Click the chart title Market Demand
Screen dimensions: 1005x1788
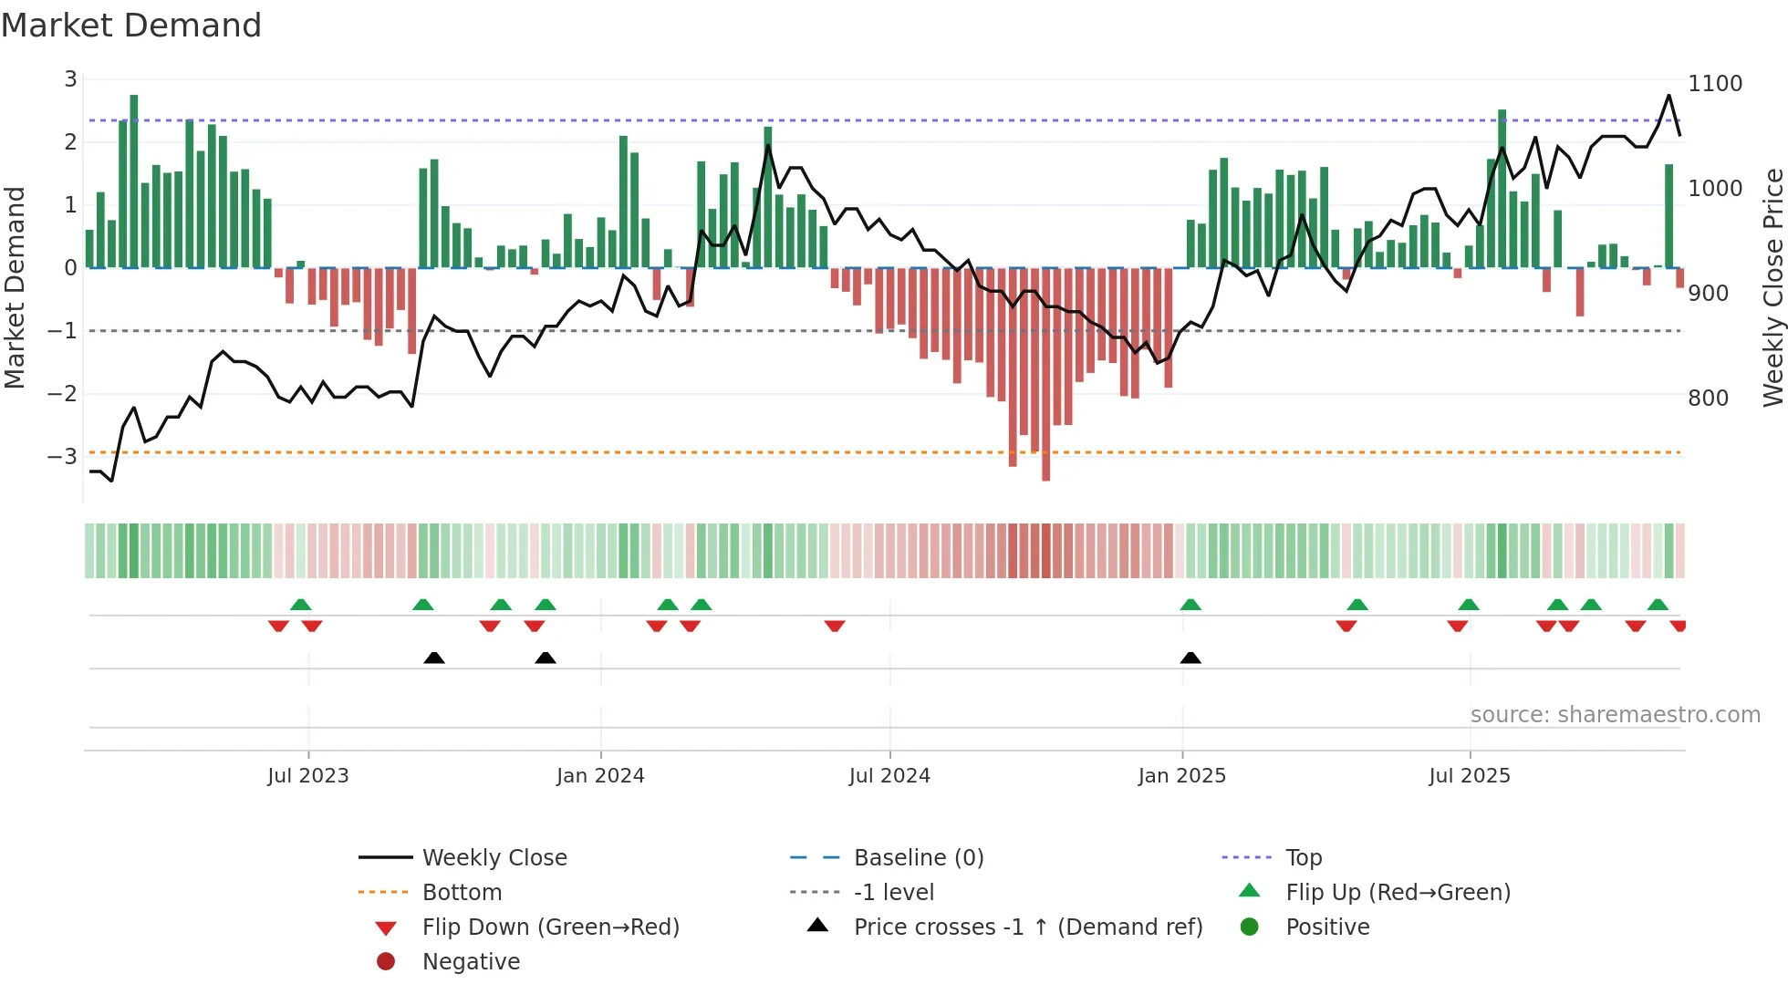pos(131,26)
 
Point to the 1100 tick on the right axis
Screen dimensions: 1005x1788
pos(1714,84)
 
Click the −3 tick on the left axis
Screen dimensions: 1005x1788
pos(62,456)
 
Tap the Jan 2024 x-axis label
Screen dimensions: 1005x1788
pos(600,776)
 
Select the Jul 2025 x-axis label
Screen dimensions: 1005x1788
pos(1469,776)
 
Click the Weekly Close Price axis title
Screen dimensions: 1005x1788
pos(1772,287)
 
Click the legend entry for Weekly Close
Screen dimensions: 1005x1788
pos(494,858)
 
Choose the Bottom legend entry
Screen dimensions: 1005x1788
pos(462,893)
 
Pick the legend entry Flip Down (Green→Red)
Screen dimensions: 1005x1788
pos(550,927)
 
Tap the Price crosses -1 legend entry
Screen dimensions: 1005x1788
pos(1027,927)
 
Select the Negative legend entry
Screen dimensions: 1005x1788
pos(471,962)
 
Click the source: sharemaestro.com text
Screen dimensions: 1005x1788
pos(1615,715)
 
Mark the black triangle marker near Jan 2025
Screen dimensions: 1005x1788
pos(1190,658)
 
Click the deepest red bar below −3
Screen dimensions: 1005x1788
pos(1045,470)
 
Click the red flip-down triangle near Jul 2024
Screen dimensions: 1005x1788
pos(835,627)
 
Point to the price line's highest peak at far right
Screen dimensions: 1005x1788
pos(1668,96)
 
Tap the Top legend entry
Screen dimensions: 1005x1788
pos(1303,858)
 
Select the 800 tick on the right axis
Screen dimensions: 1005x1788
pos(1708,399)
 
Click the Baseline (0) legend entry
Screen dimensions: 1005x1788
pos(918,858)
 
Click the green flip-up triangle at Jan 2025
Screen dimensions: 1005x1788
pos(1190,605)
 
